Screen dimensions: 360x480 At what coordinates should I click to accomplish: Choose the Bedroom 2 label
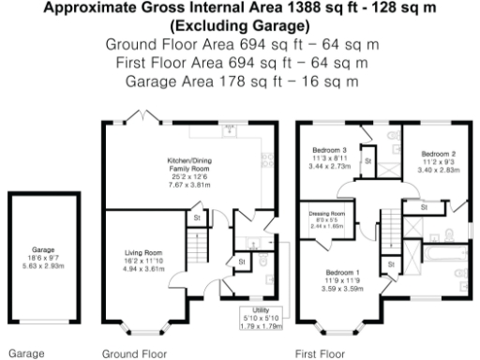pyautogui.click(x=438, y=153)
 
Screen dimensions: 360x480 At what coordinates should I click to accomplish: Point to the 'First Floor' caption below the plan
pyautogui.click(x=320, y=354)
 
